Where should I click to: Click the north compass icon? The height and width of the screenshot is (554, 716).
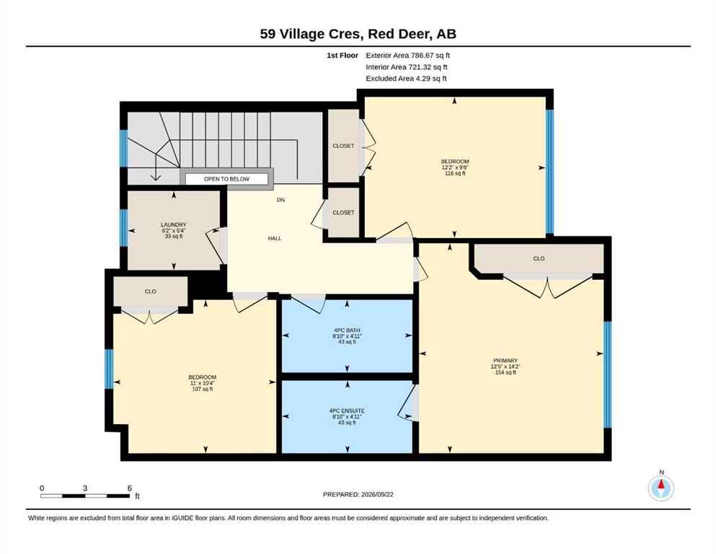[x=660, y=488]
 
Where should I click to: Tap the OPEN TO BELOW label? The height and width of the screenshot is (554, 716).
[x=226, y=179]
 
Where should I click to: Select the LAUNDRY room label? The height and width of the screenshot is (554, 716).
[x=174, y=225]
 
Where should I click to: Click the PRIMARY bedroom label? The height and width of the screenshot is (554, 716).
[x=505, y=361]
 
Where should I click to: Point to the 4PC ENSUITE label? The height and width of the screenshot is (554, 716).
[x=347, y=411]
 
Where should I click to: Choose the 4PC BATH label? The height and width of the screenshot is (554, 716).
[x=347, y=330]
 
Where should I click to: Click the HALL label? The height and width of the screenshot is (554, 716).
[x=275, y=238]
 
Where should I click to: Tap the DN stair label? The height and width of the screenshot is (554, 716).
[x=280, y=200]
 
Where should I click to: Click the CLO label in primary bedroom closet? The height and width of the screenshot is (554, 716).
[x=539, y=258]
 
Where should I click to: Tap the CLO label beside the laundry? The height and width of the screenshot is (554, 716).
[x=151, y=291]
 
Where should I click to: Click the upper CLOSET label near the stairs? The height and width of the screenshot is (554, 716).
[x=343, y=146]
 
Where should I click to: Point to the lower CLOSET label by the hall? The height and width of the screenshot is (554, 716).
[x=343, y=212]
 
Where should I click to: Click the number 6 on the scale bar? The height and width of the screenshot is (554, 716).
[x=130, y=488]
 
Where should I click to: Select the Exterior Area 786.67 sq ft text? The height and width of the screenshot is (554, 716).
[x=408, y=56]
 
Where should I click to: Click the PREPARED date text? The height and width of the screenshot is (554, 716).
[x=358, y=494]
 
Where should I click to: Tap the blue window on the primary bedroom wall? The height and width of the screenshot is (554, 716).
[x=607, y=374]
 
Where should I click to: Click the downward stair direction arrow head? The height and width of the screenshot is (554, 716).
[x=156, y=177]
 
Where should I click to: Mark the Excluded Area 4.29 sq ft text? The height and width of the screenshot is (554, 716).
[x=407, y=79]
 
